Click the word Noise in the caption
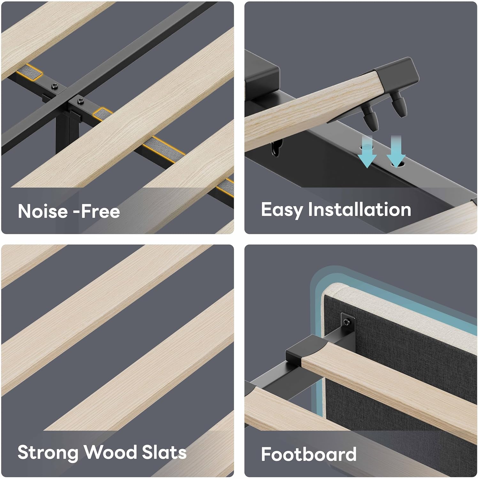[42, 211]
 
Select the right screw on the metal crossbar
[80, 101]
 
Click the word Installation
[359, 209]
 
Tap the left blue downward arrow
[367, 151]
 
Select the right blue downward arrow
[396, 151]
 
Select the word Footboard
[309, 454]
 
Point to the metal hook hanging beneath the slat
[277, 148]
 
